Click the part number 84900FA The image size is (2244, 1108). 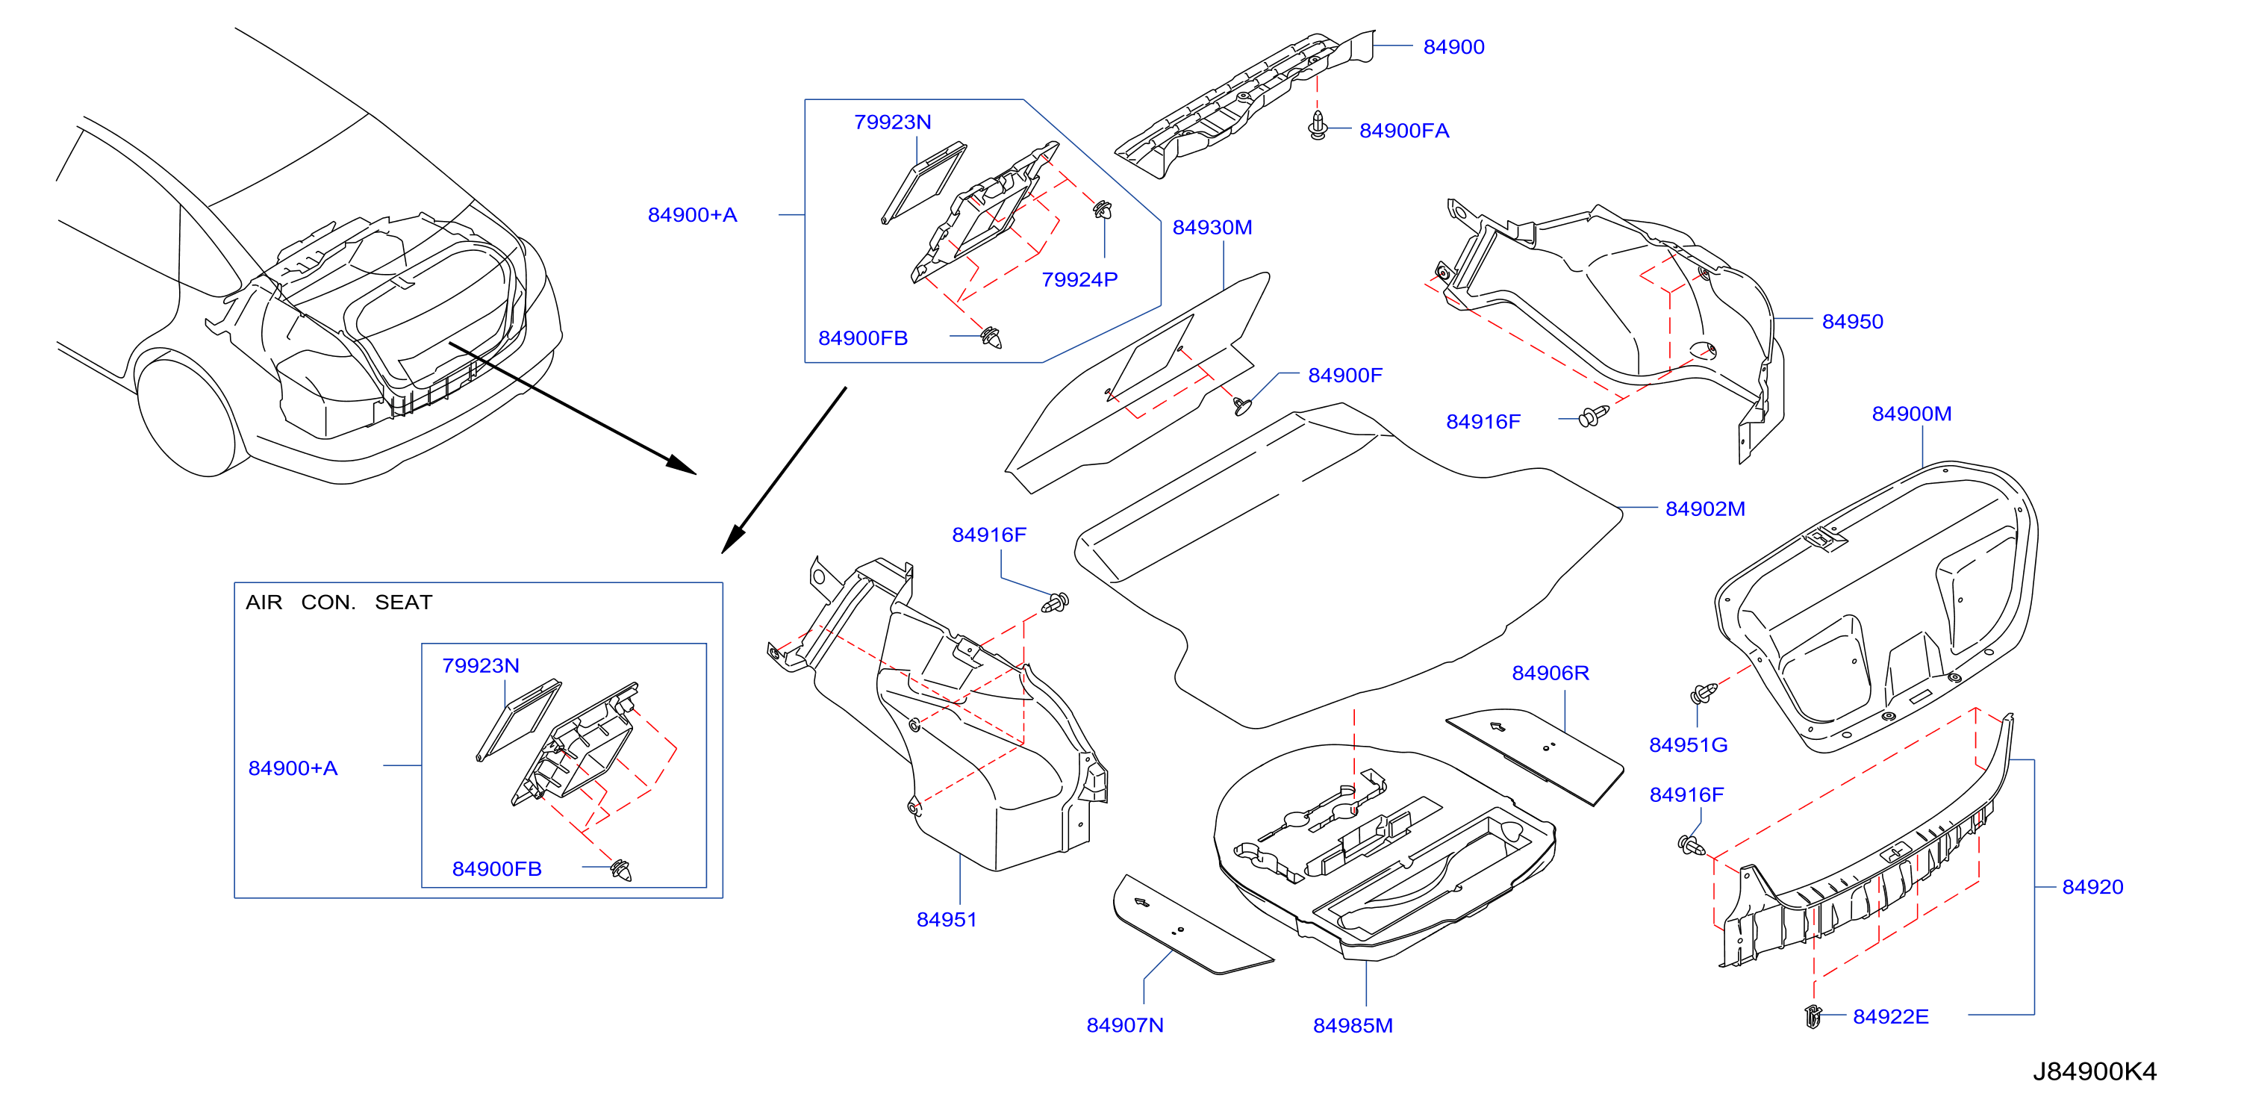click(x=1403, y=131)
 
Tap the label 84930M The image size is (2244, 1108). click(x=1212, y=227)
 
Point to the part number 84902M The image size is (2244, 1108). click(x=1705, y=508)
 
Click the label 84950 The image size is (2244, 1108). click(x=1852, y=321)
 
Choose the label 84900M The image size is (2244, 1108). click(x=1911, y=414)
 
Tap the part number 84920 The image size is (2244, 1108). click(x=2092, y=887)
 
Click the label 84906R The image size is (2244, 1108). click(x=1550, y=673)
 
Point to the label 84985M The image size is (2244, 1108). click(x=1353, y=1026)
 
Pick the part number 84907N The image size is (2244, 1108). click(x=1125, y=1025)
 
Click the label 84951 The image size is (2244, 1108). click(x=946, y=920)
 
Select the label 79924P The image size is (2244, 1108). click(x=1079, y=279)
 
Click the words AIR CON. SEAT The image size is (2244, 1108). click(x=339, y=603)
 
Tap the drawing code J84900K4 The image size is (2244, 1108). click(x=2094, y=1071)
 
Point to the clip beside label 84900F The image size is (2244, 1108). click(x=1242, y=405)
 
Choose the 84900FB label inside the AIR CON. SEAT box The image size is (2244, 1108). click(x=496, y=869)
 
